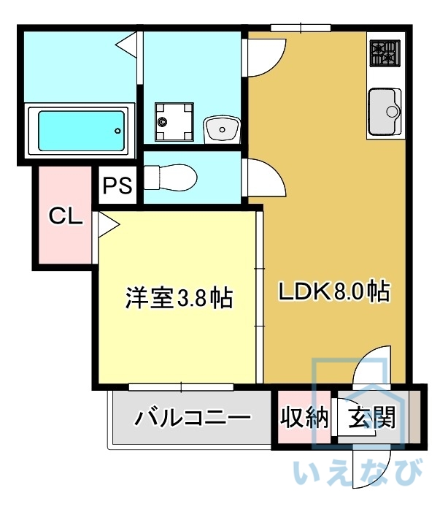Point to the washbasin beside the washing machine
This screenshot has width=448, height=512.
(x=221, y=130)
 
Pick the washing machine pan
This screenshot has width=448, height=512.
(x=174, y=122)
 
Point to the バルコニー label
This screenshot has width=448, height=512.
(x=193, y=419)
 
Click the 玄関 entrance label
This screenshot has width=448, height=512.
(x=371, y=418)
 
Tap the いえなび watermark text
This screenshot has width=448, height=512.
(x=358, y=473)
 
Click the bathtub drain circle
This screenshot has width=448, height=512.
(x=117, y=131)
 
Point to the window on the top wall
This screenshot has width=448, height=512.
(x=299, y=28)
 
